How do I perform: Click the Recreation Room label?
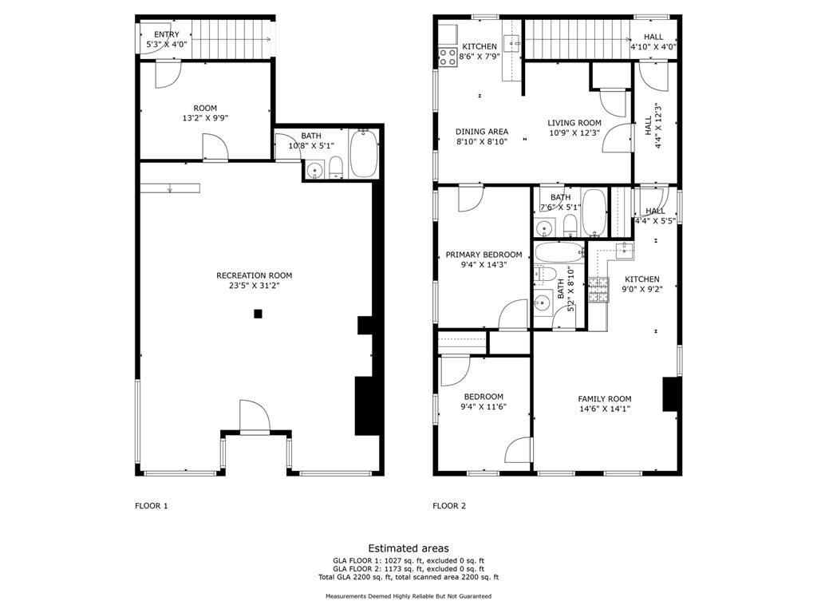click(255, 275)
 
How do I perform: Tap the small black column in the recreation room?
click(258, 313)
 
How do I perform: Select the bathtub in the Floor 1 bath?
click(364, 154)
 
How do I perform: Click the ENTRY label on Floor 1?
click(167, 34)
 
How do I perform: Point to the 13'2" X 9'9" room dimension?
click(205, 118)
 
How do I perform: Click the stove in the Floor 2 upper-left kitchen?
click(448, 57)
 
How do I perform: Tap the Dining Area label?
click(482, 132)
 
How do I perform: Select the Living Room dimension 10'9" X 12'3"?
click(574, 133)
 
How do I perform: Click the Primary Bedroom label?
click(483, 255)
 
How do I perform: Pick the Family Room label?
click(605, 399)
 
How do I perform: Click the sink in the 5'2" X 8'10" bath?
click(543, 302)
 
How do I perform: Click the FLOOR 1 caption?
click(151, 505)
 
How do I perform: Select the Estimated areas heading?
click(408, 548)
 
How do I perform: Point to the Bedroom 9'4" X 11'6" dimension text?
click(483, 406)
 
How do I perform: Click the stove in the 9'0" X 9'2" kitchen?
click(598, 290)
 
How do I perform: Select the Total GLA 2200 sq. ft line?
click(408, 577)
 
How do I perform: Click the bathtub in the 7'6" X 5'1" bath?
click(594, 212)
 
